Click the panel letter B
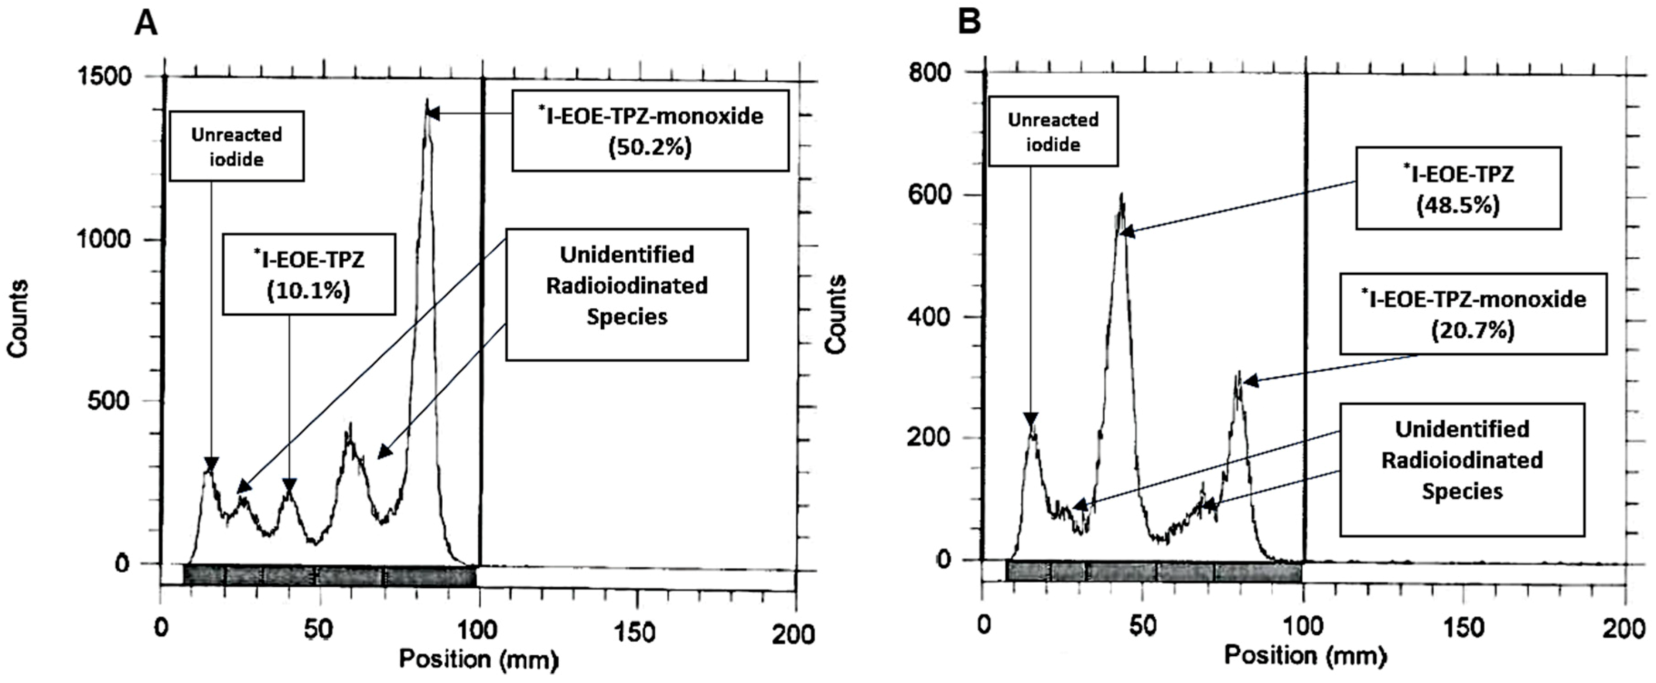pos(969,23)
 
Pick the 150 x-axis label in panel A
pos(637,632)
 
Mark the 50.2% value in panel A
pos(650,147)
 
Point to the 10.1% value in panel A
pos(309,290)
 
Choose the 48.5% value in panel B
pos(1458,206)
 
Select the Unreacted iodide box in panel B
pos(1053,132)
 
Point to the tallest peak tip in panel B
pos(1122,195)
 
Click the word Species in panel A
pos(627,317)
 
